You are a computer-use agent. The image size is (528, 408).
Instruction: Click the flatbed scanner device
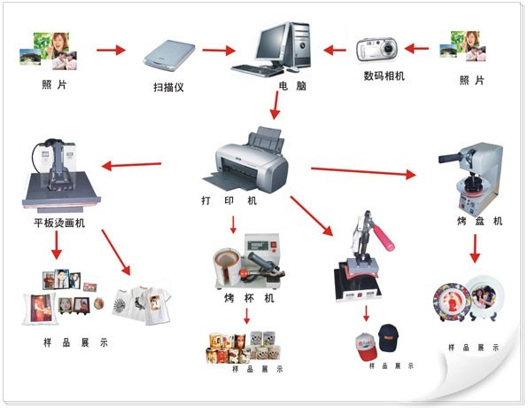169,56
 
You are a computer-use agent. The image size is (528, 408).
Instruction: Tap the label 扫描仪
168,87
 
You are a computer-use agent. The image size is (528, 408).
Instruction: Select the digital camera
377,50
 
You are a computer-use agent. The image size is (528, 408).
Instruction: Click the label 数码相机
384,76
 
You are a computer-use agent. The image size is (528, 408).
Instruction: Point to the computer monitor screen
272,43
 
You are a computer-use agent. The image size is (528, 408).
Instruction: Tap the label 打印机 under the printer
229,200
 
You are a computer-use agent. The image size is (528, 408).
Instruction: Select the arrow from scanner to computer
219,51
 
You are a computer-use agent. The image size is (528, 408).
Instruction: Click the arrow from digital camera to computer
335,51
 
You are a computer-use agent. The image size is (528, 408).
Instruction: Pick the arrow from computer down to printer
276,106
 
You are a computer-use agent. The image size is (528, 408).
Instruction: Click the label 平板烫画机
59,223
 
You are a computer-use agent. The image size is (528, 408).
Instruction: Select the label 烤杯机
249,298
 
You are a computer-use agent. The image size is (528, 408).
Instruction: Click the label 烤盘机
480,221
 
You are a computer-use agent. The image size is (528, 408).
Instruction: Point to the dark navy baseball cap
389,337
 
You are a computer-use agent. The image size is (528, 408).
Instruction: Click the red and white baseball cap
367,347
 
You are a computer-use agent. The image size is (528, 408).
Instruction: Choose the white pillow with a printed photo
39,309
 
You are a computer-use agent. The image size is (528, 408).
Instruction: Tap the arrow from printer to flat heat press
131,165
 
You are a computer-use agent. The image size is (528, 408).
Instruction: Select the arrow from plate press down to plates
475,248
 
